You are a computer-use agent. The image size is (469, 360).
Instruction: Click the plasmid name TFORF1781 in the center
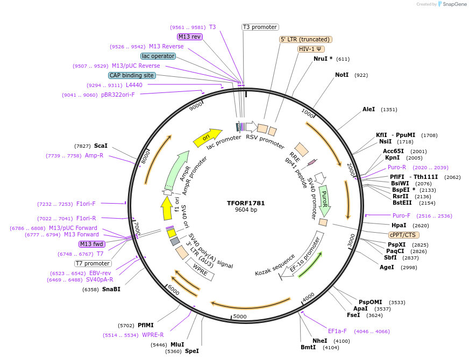(246, 203)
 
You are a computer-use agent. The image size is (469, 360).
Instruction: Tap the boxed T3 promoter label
(260, 27)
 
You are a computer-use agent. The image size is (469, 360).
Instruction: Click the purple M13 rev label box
(189, 37)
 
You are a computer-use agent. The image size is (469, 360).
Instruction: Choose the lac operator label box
(158, 56)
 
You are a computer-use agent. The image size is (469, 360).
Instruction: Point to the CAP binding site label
(132, 75)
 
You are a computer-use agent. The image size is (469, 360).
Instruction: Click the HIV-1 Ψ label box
(311, 49)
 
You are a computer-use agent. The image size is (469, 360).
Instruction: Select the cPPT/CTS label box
(403, 235)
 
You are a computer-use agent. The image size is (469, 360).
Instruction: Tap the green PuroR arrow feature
(324, 199)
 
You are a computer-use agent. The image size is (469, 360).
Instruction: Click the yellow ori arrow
(208, 138)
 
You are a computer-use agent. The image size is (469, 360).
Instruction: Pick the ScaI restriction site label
(101, 146)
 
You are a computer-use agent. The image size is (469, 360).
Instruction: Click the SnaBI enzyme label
(111, 289)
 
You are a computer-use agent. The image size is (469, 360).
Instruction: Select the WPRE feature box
(200, 268)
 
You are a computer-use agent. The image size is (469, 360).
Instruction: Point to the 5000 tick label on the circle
(239, 316)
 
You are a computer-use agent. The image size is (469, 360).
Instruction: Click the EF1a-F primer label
(337, 331)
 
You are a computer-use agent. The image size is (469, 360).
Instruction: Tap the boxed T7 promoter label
(93, 263)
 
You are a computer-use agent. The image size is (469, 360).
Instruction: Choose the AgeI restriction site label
(387, 267)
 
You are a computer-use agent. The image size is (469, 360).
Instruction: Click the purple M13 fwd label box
(91, 244)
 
